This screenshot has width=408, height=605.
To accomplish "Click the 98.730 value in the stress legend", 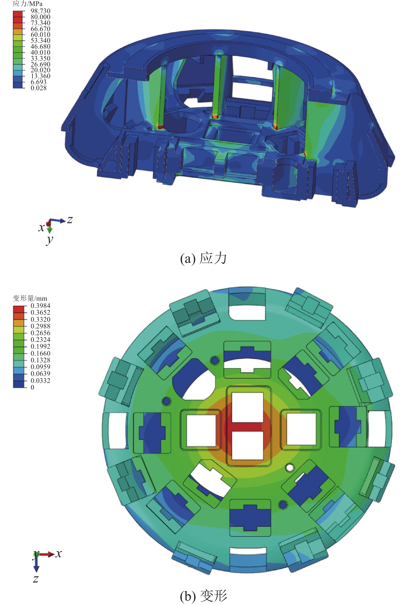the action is coord(40,11).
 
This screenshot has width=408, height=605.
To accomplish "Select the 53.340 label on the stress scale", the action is coord(40,41).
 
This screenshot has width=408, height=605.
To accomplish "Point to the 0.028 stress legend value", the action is coord(39,88).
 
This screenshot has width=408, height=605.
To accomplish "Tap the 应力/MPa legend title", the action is coord(27,4).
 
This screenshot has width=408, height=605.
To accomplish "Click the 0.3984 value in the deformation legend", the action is coord(40,306).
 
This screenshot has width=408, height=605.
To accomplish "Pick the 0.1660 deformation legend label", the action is coord(40,353).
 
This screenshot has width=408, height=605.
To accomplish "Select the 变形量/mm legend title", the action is coord(30,298).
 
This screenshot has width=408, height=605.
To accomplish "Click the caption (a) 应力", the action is coord(203,258).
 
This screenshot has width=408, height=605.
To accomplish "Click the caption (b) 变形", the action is coord(203,595).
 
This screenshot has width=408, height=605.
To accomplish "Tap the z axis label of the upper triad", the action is coord(70,220).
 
